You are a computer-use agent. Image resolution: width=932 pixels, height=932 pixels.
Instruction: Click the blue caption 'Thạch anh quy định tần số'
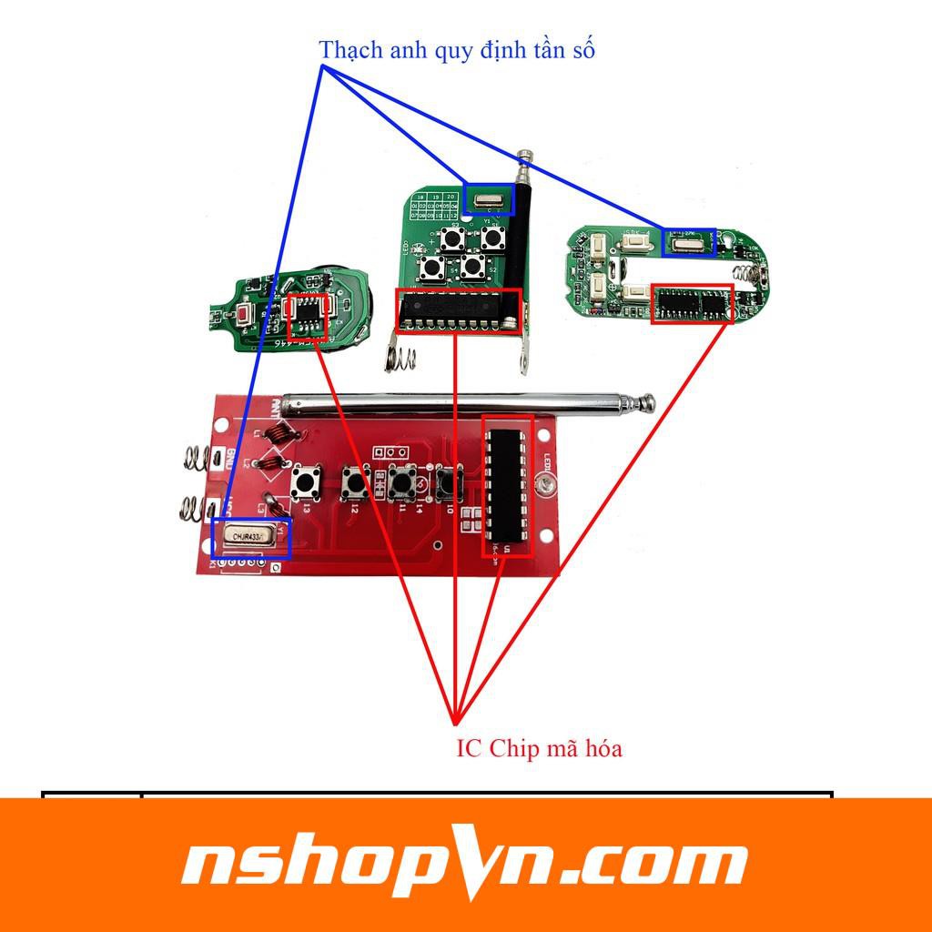457,50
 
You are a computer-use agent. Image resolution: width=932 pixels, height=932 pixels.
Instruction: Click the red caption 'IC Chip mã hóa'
539,749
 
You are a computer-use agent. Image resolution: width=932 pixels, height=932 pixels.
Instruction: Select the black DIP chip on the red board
507,487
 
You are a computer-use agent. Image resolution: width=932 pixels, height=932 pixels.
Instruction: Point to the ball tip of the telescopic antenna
647,400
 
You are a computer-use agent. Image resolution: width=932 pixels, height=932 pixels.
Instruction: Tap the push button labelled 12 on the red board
352,484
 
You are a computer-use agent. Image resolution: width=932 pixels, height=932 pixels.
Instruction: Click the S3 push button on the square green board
452,240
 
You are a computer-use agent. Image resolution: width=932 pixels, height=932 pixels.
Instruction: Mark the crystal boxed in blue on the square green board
489,198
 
